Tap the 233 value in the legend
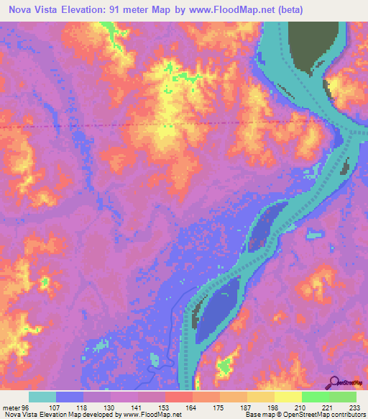click(352, 407)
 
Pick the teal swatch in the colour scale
click(42, 397)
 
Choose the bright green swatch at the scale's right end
click(343, 397)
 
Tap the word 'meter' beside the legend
click(11, 407)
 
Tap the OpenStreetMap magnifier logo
click(334, 382)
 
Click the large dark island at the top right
click(309, 47)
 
